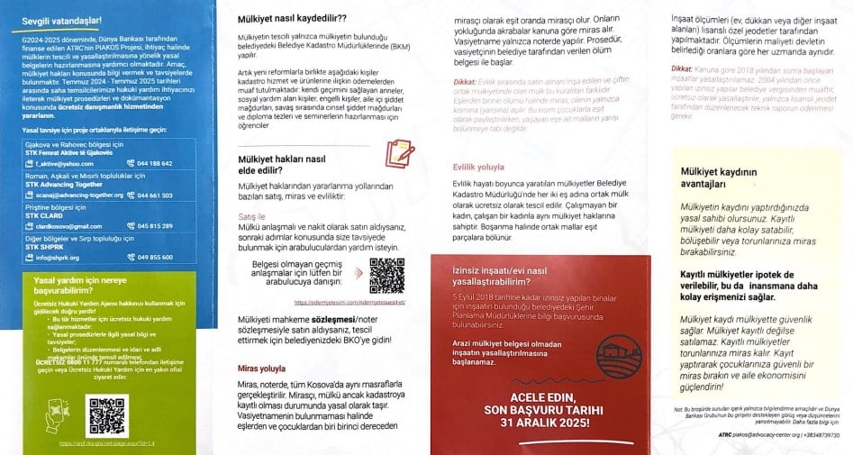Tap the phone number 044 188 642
pos(156,163)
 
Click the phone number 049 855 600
pos(156,257)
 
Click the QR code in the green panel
pos(108,414)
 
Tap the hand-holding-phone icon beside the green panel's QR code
pos(63,414)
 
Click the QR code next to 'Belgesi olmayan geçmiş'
pos(387,275)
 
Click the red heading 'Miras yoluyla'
pos(260,369)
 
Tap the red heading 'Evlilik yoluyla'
pos(478,167)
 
